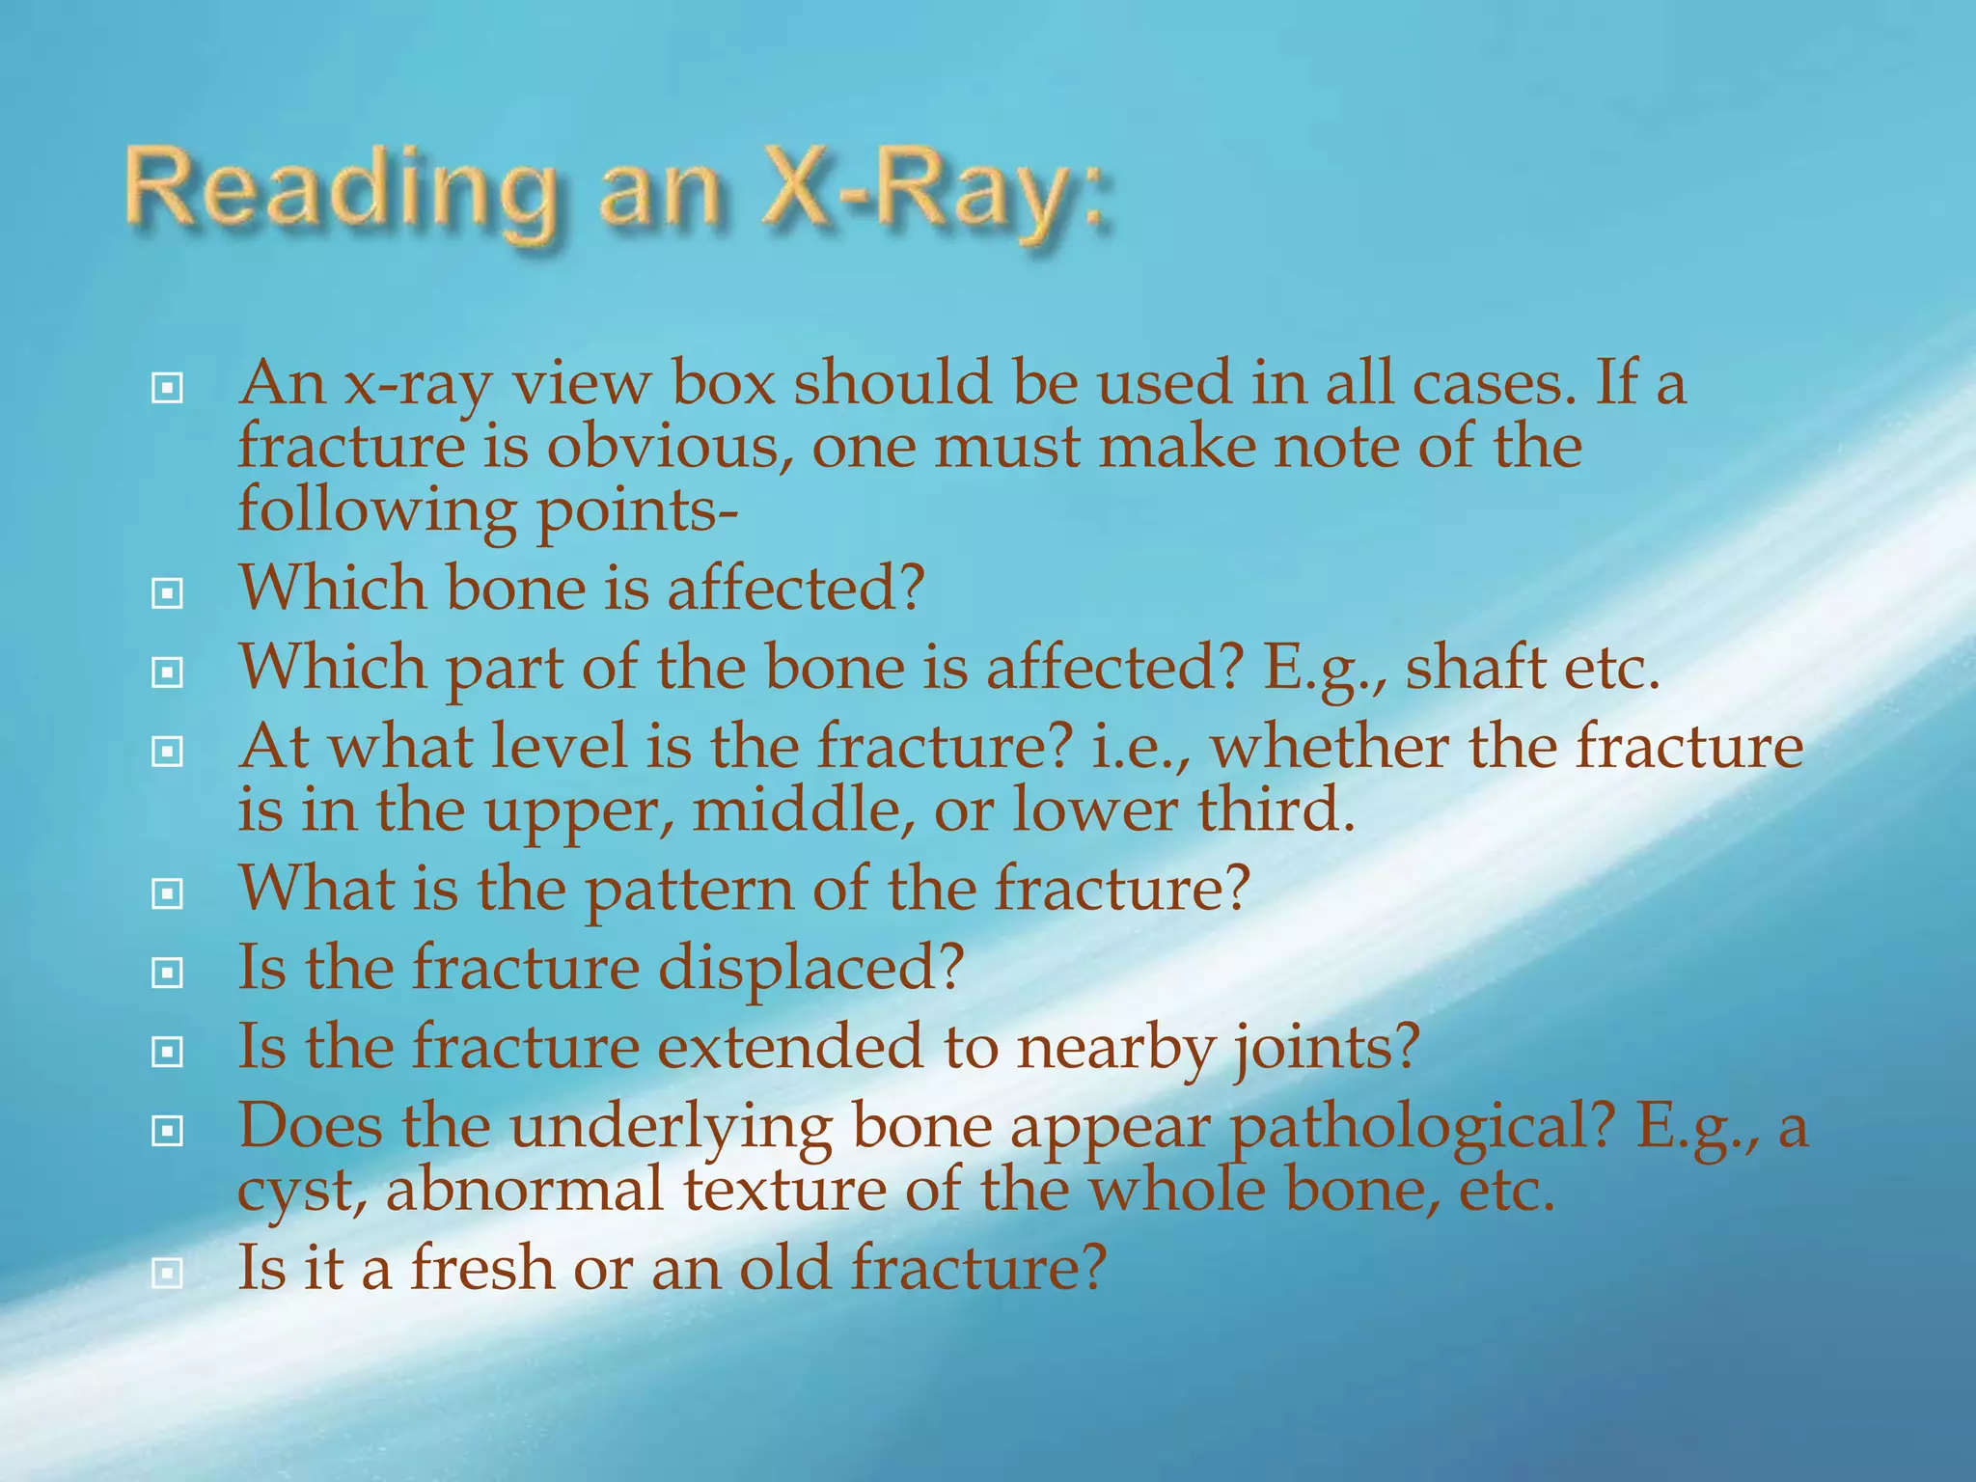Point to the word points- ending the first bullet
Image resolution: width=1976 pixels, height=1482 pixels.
pos(637,511)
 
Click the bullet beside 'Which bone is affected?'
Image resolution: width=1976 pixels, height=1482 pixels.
pos(167,593)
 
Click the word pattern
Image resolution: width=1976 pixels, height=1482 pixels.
pos(689,890)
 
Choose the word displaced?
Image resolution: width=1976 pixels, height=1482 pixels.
pos(810,969)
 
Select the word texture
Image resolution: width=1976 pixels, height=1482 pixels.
pos(783,1190)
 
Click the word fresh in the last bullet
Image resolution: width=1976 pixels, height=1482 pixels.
pos(481,1268)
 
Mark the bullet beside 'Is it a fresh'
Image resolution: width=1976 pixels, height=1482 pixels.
pos(167,1274)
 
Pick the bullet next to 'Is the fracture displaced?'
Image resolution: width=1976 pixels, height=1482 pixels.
pos(167,973)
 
